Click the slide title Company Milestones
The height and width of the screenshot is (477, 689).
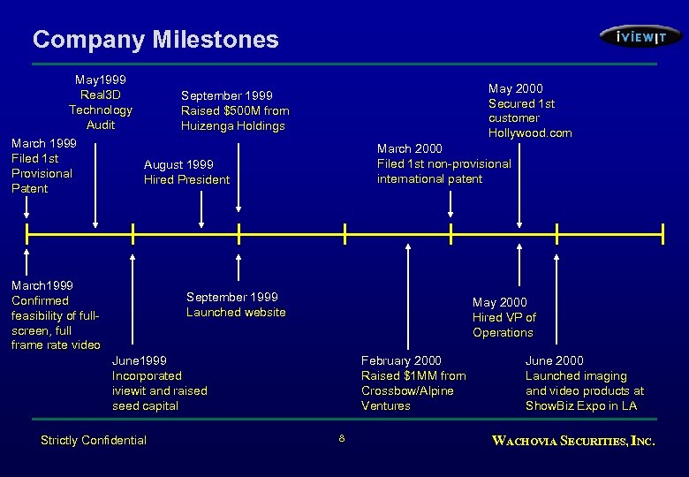155,40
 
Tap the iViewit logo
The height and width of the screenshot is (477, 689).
640,36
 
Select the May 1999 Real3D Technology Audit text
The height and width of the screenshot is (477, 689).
101,102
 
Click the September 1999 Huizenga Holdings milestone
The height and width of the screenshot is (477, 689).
234,110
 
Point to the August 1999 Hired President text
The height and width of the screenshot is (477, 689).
186,172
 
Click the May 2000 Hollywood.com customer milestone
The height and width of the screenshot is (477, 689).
529,110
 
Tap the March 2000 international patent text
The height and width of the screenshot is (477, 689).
443,163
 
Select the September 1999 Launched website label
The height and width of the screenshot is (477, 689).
236,305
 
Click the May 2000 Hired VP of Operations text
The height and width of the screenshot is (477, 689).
503,317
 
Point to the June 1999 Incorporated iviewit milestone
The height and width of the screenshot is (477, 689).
159,383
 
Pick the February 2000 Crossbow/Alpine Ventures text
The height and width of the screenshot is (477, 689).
413,383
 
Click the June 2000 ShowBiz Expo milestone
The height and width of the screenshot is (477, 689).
584,383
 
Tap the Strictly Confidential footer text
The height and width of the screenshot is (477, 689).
94,440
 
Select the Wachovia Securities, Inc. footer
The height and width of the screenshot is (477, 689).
572,440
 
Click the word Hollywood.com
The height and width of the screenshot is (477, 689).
529,133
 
